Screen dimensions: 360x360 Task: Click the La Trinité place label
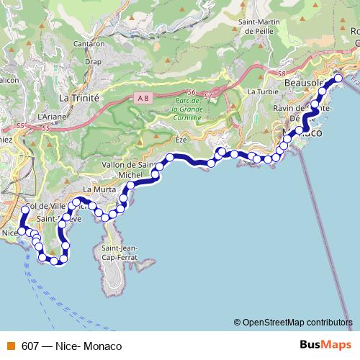pyautogui.click(x=78, y=96)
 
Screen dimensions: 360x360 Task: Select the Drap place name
pyautogui.click(x=92, y=62)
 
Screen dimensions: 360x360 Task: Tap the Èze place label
pyautogui.click(x=181, y=140)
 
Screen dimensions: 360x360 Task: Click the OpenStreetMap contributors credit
pyautogui.click(x=294, y=323)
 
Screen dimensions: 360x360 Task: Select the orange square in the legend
pyautogui.click(x=11, y=346)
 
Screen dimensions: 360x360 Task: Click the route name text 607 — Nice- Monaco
pyautogui.click(x=71, y=346)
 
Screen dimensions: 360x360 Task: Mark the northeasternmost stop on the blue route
pyautogui.click(x=338, y=78)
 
